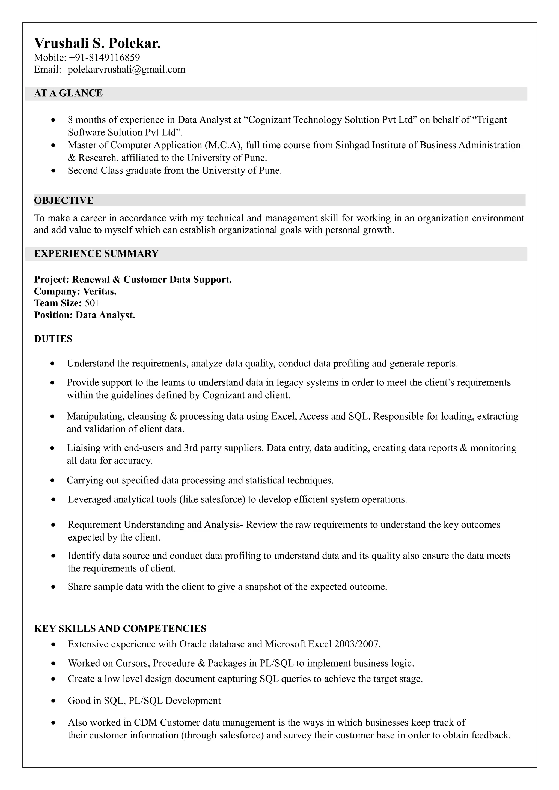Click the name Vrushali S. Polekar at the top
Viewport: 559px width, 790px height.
coord(97,44)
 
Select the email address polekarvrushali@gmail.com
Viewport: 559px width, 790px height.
coord(126,70)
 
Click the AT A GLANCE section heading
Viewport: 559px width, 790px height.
coord(68,93)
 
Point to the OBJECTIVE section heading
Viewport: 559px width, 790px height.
coord(64,201)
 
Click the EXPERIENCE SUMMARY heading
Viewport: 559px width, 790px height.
coord(96,254)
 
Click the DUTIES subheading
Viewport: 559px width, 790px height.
coord(53,339)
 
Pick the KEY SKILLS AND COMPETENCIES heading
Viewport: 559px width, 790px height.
coord(120,629)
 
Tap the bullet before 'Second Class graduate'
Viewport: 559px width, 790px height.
coord(53,171)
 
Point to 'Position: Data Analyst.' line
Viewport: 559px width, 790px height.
coord(84,315)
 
